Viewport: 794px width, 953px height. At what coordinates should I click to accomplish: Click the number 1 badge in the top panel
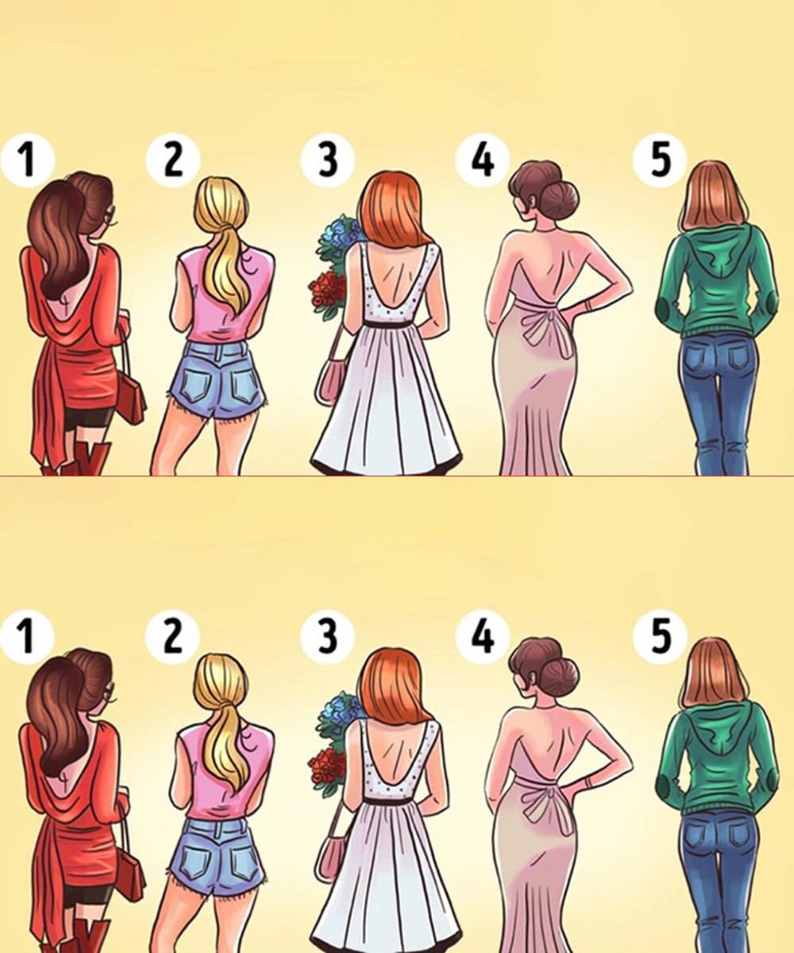pos(27,160)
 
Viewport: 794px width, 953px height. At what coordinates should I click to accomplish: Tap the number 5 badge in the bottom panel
pos(660,636)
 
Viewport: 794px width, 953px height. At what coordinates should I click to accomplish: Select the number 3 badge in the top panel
pos(328,160)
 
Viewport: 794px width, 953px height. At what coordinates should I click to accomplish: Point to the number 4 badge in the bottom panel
pos(483,636)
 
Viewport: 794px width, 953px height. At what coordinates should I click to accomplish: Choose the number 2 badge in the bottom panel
pos(172,636)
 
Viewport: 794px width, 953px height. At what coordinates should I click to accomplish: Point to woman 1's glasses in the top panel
pos(111,215)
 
